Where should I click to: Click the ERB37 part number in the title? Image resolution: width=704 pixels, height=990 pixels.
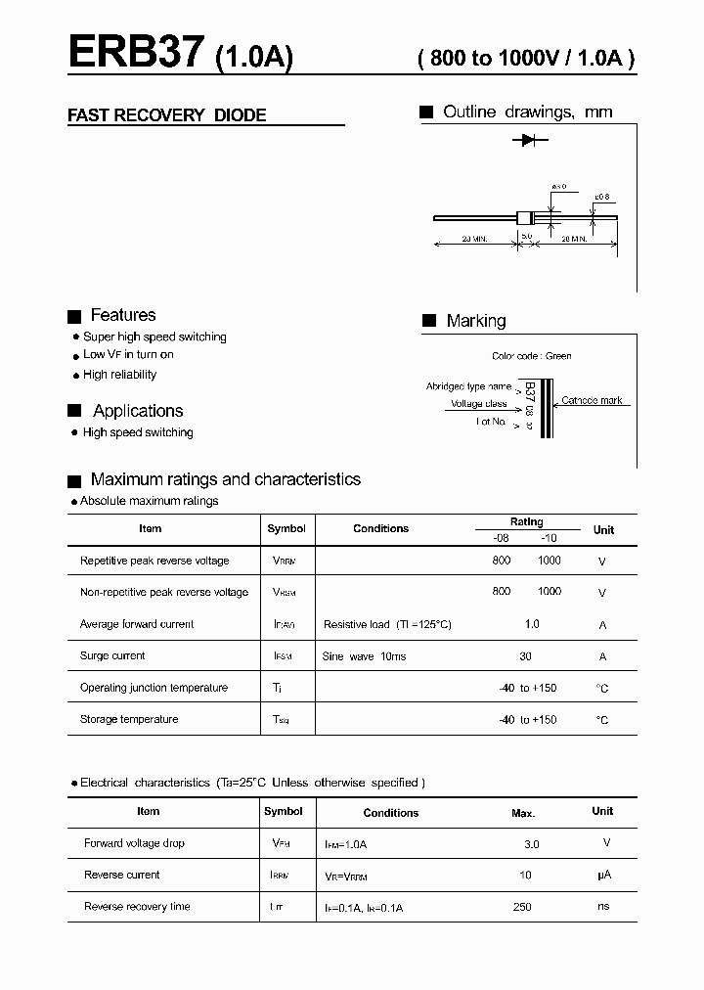[136, 53]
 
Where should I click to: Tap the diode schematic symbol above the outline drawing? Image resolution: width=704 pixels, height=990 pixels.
[529, 141]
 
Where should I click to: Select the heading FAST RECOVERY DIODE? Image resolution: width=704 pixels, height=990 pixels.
[166, 115]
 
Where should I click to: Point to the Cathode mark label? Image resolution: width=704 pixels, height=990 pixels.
[592, 401]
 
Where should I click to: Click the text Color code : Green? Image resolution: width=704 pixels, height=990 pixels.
[532, 356]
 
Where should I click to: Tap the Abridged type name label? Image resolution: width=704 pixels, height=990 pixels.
[468, 386]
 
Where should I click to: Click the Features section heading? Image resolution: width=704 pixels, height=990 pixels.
[122, 315]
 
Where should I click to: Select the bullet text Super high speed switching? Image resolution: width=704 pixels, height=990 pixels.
[154, 337]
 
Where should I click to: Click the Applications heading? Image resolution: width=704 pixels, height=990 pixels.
[138, 411]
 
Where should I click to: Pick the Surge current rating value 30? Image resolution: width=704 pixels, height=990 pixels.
[526, 656]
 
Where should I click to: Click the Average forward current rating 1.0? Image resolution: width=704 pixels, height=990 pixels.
[532, 624]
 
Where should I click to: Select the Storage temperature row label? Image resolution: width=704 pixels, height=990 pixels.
[129, 719]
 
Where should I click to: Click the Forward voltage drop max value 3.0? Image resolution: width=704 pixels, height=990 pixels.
[531, 843]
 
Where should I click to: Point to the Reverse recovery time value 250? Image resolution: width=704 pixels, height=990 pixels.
[522, 907]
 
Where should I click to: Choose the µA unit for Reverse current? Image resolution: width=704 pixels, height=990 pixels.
[603, 875]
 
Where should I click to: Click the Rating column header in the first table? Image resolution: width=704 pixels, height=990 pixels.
[526, 522]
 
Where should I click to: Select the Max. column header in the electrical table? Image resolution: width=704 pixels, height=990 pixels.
[523, 813]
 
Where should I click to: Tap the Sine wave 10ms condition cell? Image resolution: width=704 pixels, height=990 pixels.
[364, 656]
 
